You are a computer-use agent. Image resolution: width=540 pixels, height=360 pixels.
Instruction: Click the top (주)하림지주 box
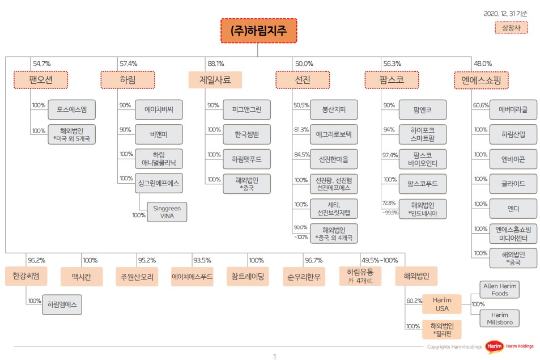pyautogui.click(x=258, y=31)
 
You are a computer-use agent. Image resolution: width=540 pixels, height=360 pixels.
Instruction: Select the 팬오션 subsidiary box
pyautogui.click(x=40, y=80)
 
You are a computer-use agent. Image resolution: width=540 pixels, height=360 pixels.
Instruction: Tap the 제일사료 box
pyautogui.click(x=215, y=80)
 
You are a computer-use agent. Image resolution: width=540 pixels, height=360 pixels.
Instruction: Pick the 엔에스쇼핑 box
pyautogui.click(x=481, y=80)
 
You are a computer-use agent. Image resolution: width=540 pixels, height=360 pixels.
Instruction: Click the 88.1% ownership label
pyautogui.click(x=216, y=63)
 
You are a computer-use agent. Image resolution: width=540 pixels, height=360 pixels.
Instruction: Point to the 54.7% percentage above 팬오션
pyautogui.click(x=42, y=63)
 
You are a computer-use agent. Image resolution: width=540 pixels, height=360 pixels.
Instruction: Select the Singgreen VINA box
pyautogui.click(x=167, y=211)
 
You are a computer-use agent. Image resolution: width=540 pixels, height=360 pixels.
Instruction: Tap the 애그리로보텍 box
pyautogui.click(x=333, y=134)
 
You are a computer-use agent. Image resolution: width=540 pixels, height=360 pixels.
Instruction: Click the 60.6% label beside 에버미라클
pyautogui.click(x=481, y=105)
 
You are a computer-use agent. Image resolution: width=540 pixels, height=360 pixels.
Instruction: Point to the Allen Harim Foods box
pyautogui.click(x=499, y=290)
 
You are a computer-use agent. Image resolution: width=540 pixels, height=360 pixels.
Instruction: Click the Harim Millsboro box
pyautogui.click(x=499, y=318)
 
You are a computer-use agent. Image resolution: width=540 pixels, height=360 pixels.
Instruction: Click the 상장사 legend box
pyautogui.click(x=511, y=27)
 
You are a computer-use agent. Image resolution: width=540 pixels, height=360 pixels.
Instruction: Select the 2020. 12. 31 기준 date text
pyautogui.click(x=505, y=13)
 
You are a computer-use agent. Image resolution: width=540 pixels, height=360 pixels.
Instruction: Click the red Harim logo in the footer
pyautogui.click(x=492, y=346)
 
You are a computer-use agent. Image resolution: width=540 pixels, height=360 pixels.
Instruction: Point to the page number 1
pyautogui.click(x=274, y=357)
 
